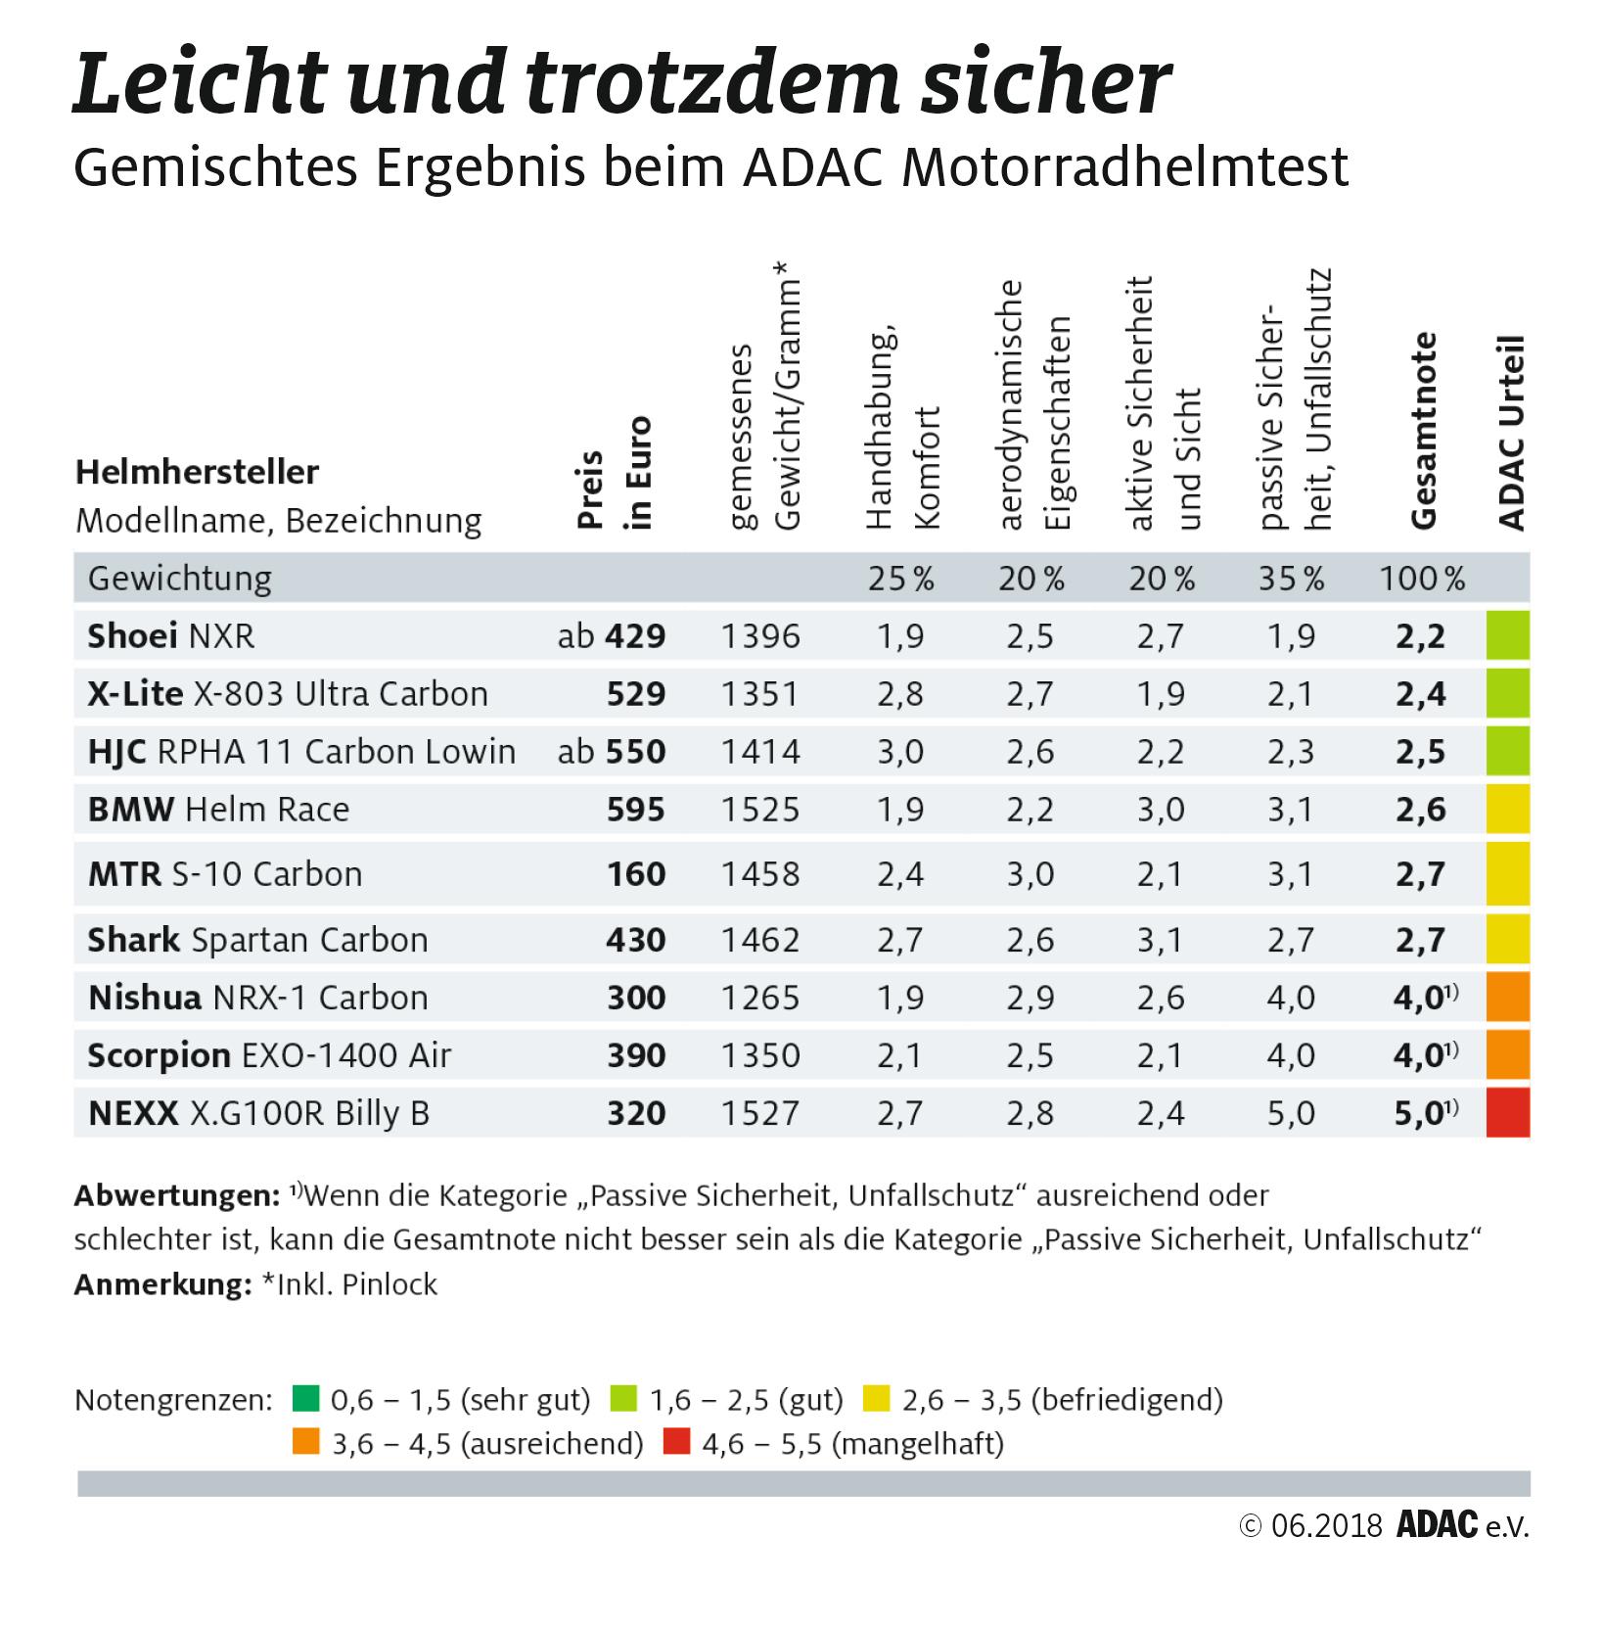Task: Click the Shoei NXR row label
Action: (x=171, y=636)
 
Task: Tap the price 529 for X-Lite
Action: (x=635, y=694)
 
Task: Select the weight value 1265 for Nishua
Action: (x=760, y=998)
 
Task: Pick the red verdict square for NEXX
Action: (x=1507, y=1113)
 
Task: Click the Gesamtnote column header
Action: (x=1424, y=431)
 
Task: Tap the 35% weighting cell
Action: (x=1291, y=579)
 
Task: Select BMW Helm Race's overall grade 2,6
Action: (x=1421, y=810)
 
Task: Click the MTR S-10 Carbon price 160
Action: (x=635, y=874)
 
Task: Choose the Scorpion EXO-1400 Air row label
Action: (x=269, y=1055)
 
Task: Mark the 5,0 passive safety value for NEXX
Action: (x=1291, y=1113)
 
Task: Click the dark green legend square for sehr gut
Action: (x=306, y=1398)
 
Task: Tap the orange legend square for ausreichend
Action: (x=306, y=1442)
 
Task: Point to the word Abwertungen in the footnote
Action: (x=177, y=1195)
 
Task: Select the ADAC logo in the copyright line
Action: (x=1437, y=1526)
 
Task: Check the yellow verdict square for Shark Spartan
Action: (x=1507, y=940)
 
